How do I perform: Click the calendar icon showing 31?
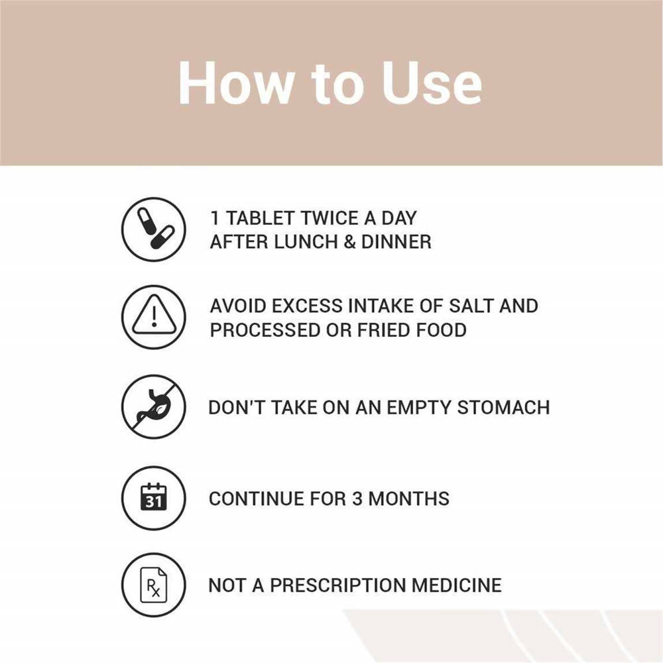click(154, 498)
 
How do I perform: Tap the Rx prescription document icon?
click(154, 585)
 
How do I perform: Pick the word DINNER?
click(396, 242)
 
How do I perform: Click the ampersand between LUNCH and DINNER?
click(349, 242)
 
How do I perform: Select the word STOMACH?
click(504, 408)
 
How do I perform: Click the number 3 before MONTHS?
click(357, 499)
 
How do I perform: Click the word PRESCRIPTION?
click(338, 585)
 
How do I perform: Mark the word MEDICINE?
click(457, 585)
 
